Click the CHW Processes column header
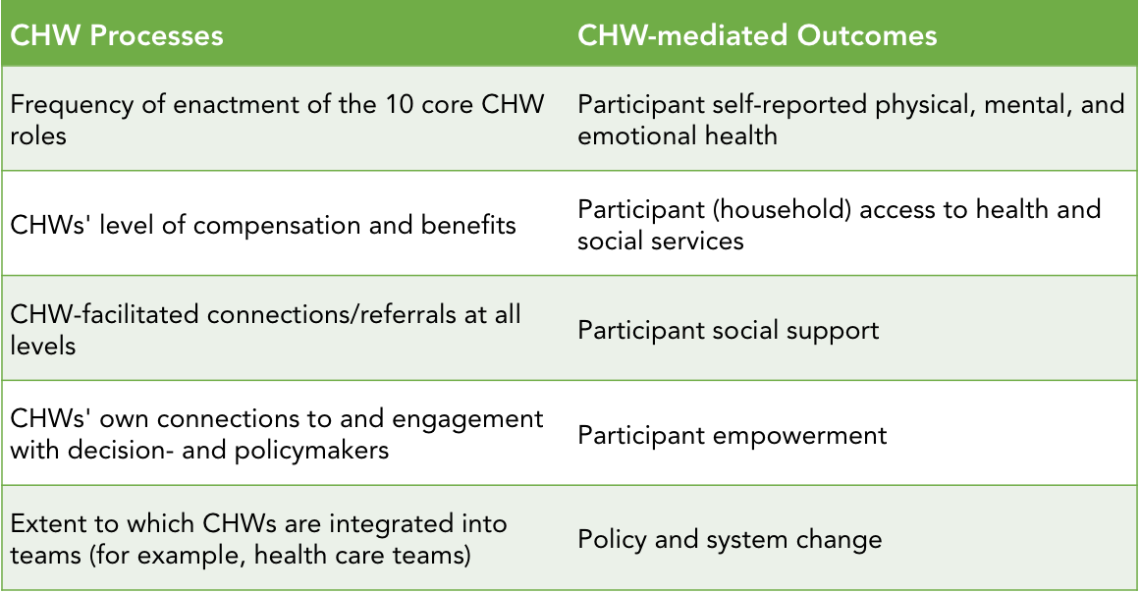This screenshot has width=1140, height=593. point(116,35)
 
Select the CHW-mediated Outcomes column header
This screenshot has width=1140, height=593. point(757,35)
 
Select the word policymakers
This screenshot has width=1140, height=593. point(311,452)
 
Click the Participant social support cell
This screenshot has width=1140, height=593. point(728,331)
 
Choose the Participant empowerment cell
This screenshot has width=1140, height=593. point(733,435)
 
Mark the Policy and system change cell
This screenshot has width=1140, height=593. point(730,540)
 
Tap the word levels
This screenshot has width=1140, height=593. point(43,346)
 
